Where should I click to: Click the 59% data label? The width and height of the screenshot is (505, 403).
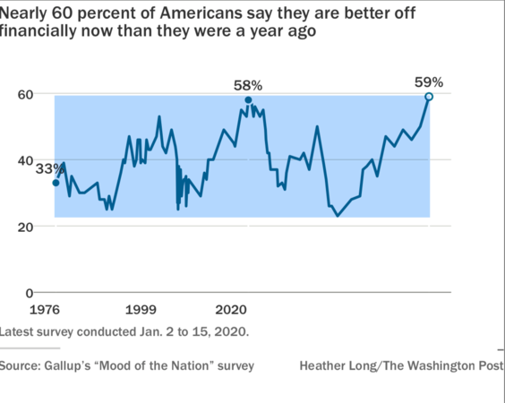pyautogui.click(x=428, y=81)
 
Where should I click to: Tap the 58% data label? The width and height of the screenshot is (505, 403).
pyautogui.click(x=248, y=85)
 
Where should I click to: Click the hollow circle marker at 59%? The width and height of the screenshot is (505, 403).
pyautogui.click(x=429, y=97)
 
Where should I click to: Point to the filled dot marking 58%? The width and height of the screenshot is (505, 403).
pyautogui.click(x=248, y=100)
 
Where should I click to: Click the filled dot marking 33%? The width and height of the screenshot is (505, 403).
pyautogui.click(x=56, y=183)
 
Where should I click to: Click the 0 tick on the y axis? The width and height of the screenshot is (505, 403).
pyautogui.click(x=30, y=293)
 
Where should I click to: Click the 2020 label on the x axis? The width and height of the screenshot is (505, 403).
pyautogui.click(x=231, y=309)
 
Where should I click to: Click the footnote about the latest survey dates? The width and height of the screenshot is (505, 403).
pyautogui.click(x=124, y=330)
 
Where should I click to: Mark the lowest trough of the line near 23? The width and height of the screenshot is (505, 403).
pyautogui.click(x=338, y=216)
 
